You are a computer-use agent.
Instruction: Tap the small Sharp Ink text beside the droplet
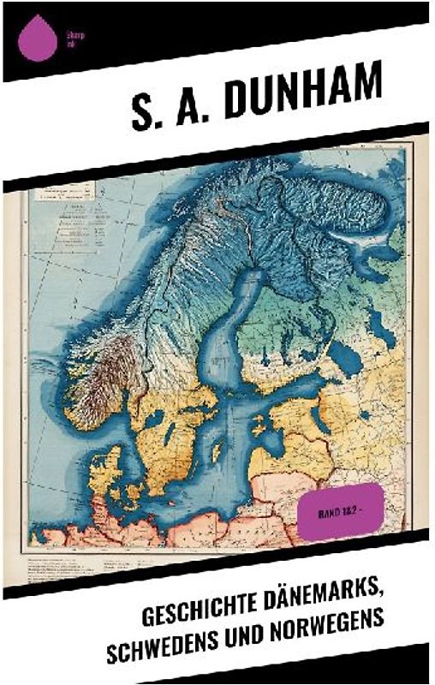click(72, 37)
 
